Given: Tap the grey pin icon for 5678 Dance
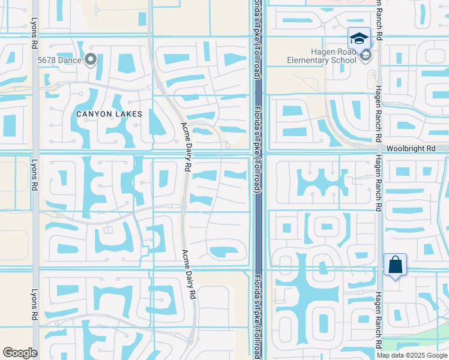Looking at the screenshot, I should click(x=91, y=59).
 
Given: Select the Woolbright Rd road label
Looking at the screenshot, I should click(x=411, y=148).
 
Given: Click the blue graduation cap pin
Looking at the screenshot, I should click(x=359, y=39).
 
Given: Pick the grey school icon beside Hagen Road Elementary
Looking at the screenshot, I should click(x=365, y=56).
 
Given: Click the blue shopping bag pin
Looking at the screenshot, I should click(x=395, y=265).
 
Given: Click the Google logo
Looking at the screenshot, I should click(x=20, y=353).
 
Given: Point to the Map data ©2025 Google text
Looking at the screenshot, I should click(x=412, y=355).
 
